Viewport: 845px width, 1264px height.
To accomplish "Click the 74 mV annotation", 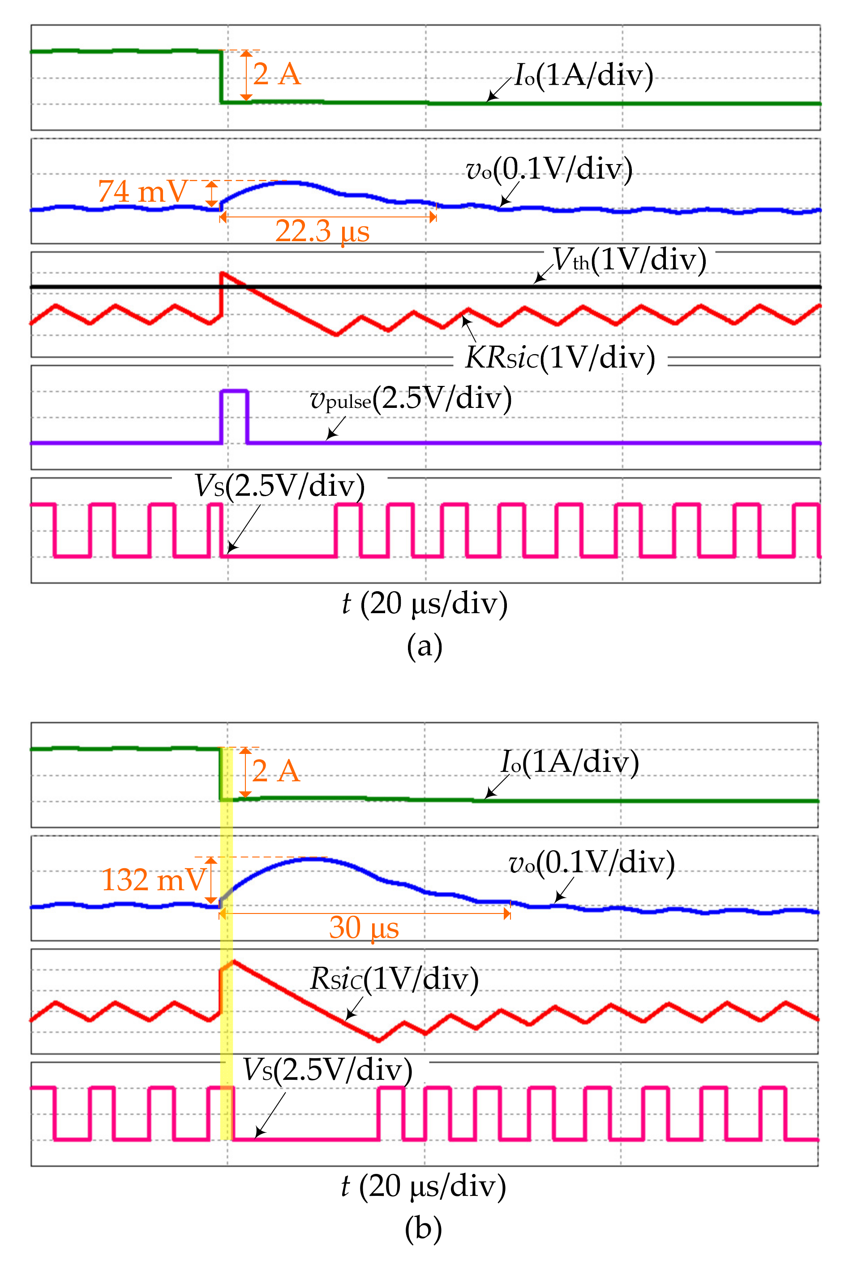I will coord(142,191).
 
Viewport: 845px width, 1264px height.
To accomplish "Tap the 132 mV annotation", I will coord(154,880).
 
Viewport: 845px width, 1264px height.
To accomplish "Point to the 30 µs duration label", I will coord(364,927).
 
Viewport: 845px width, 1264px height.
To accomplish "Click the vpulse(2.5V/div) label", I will coord(411,399).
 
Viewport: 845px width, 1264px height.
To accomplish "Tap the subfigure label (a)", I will coord(425,646).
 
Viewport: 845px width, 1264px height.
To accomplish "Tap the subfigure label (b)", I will coord(423,1229).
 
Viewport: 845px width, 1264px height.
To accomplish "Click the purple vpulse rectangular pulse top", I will coord(234,390).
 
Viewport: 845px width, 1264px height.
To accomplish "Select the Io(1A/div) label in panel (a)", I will coord(583,74).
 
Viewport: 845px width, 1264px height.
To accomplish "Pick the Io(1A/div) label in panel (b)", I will coord(570,762).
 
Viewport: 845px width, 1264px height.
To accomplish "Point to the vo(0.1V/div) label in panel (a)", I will coord(549,169).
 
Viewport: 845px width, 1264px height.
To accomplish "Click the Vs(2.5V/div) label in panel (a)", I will coord(279,486).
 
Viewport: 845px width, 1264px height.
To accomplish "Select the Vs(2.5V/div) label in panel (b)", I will coord(327,1070).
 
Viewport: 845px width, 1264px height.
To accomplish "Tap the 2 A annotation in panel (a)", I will coord(276,74).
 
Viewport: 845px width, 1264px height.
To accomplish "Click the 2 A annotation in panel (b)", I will coord(275,771).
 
